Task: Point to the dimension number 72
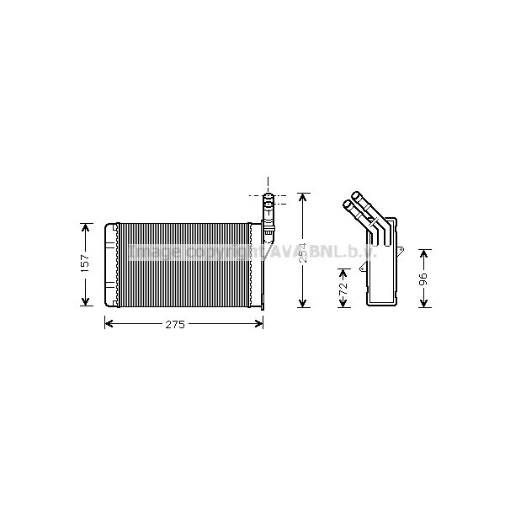[343, 288]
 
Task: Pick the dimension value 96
[424, 278]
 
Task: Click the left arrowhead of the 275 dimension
[108, 324]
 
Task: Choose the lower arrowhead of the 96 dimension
[424, 303]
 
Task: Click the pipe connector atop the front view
[268, 210]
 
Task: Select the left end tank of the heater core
[110, 264]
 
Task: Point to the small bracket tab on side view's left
[363, 269]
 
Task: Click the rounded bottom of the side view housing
[384, 301]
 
